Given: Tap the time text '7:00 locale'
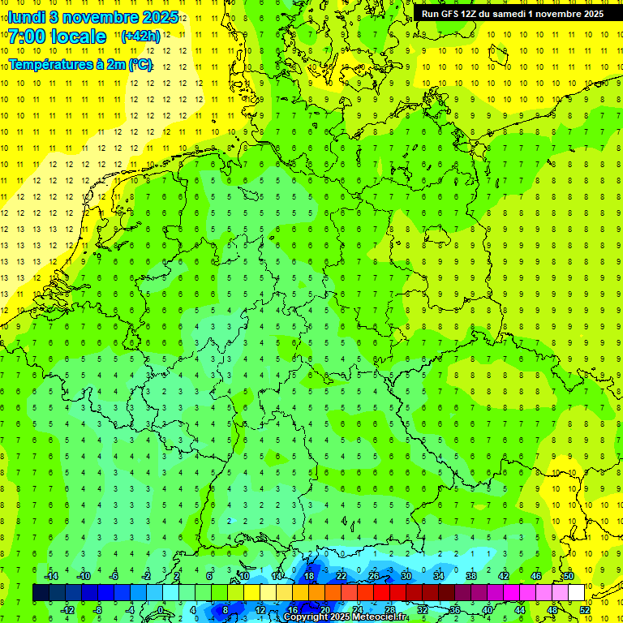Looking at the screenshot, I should [57, 37].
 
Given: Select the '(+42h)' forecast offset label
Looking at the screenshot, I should [140, 37].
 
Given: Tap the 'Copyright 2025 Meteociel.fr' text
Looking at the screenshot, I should [346, 617].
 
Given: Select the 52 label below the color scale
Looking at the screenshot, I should [584, 609].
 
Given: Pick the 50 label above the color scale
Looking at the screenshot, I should [568, 576].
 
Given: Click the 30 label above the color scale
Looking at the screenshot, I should [406, 576].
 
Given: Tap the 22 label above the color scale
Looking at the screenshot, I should [341, 576].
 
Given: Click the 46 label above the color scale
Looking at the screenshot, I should [535, 576].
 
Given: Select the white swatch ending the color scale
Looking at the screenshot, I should [576, 593].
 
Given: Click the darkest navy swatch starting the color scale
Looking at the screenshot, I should [41, 593].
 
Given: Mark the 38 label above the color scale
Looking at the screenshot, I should [470, 576].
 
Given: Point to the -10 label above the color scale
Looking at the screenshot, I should [83, 576].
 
